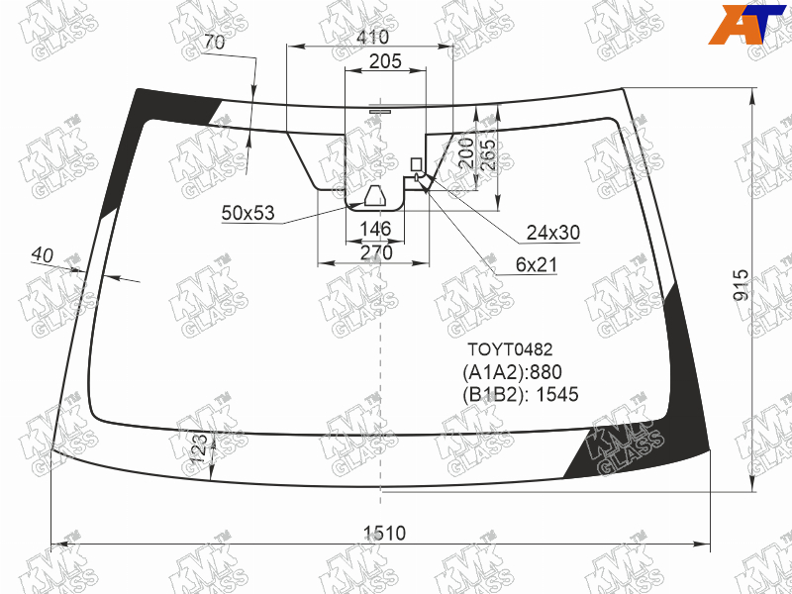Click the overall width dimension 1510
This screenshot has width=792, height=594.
click(384, 533)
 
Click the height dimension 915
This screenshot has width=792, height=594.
click(741, 285)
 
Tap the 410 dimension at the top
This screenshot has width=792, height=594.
click(372, 37)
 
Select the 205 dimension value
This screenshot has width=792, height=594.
click(385, 61)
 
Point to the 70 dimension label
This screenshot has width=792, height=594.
click(214, 43)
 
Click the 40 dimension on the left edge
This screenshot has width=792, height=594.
click(42, 255)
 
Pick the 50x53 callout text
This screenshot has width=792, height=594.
click(248, 213)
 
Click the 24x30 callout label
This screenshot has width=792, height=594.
click(553, 233)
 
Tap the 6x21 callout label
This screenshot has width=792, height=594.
click(536, 264)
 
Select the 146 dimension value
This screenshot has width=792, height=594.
click(375, 229)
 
